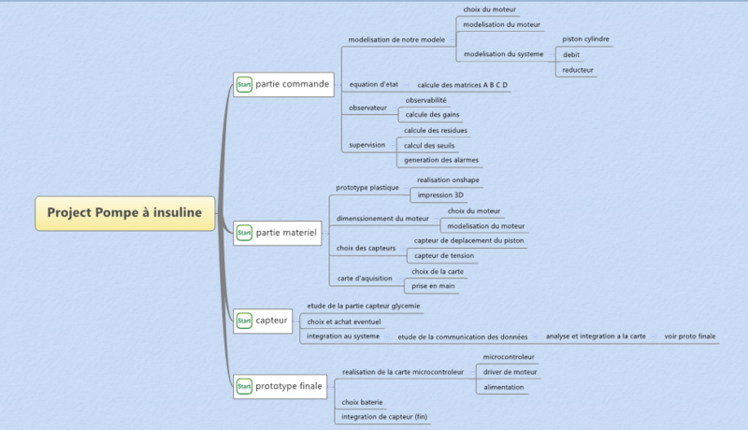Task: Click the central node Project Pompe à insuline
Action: point(124,213)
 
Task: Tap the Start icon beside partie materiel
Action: point(243,231)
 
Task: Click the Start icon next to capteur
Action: point(243,321)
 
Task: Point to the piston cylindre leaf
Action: point(585,39)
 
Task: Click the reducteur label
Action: point(578,70)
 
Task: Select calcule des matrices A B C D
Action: point(462,85)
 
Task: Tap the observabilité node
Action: point(425,100)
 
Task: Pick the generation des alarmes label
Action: point(441,160)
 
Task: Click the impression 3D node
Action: point(440,195)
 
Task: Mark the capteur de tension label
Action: point(443,255)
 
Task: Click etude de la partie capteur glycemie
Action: point(364,306)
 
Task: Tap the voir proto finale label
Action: point(689,336)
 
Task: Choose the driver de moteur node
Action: point(510,372)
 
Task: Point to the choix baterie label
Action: point(362,402)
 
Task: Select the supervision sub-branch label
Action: point(367,145)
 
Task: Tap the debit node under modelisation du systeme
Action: point(570,55)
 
